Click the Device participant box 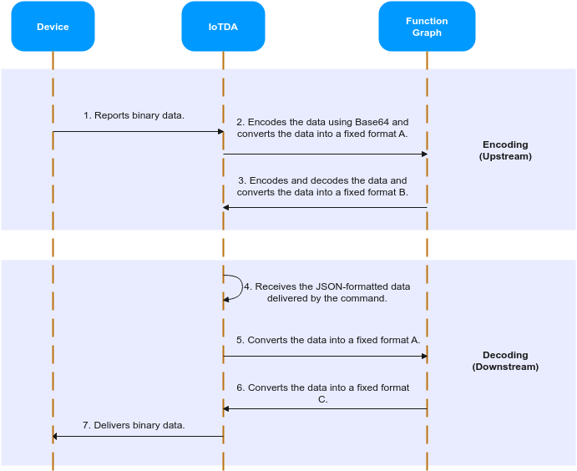click(53, 27)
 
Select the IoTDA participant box click(223, 27)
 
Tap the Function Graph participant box click(427, 27)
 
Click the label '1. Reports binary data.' click(134, 115)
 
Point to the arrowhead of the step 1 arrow click(221, 131)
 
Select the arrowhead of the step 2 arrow click(425, 154)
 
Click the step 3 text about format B click(322, 186)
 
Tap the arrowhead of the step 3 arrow click(226, 208)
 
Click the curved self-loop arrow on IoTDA click(243, 287)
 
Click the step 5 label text click(328, 340)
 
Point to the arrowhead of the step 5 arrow click(425, 357)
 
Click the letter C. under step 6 click(322, 400)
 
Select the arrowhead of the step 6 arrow click(226, 409)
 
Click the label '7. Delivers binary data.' click(134, 425)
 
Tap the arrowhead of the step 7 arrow click(56, 437)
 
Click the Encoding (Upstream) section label click(505, 150)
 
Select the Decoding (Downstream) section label click(505, 361)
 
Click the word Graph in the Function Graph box click(427, 33)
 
